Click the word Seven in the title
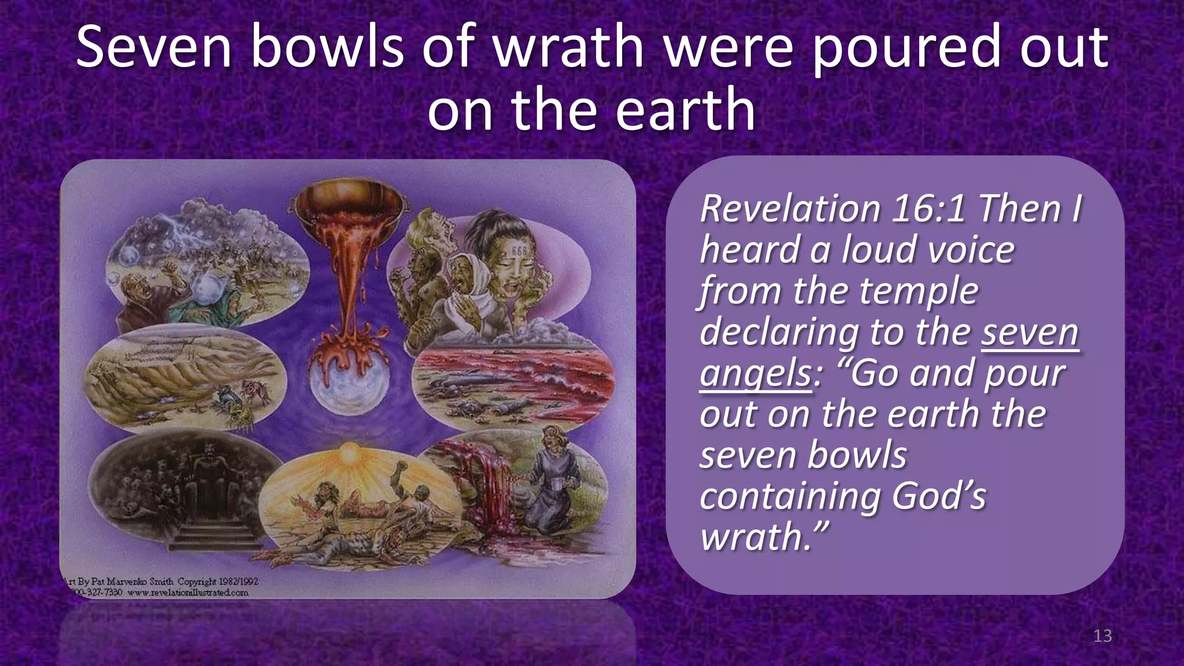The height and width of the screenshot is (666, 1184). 154,47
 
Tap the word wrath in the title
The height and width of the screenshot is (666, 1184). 568,47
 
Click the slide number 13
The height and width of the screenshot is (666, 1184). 1102,636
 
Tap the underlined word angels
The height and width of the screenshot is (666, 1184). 756,373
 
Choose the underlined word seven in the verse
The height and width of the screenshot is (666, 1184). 1030,332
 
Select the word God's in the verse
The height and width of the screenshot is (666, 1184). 938,496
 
